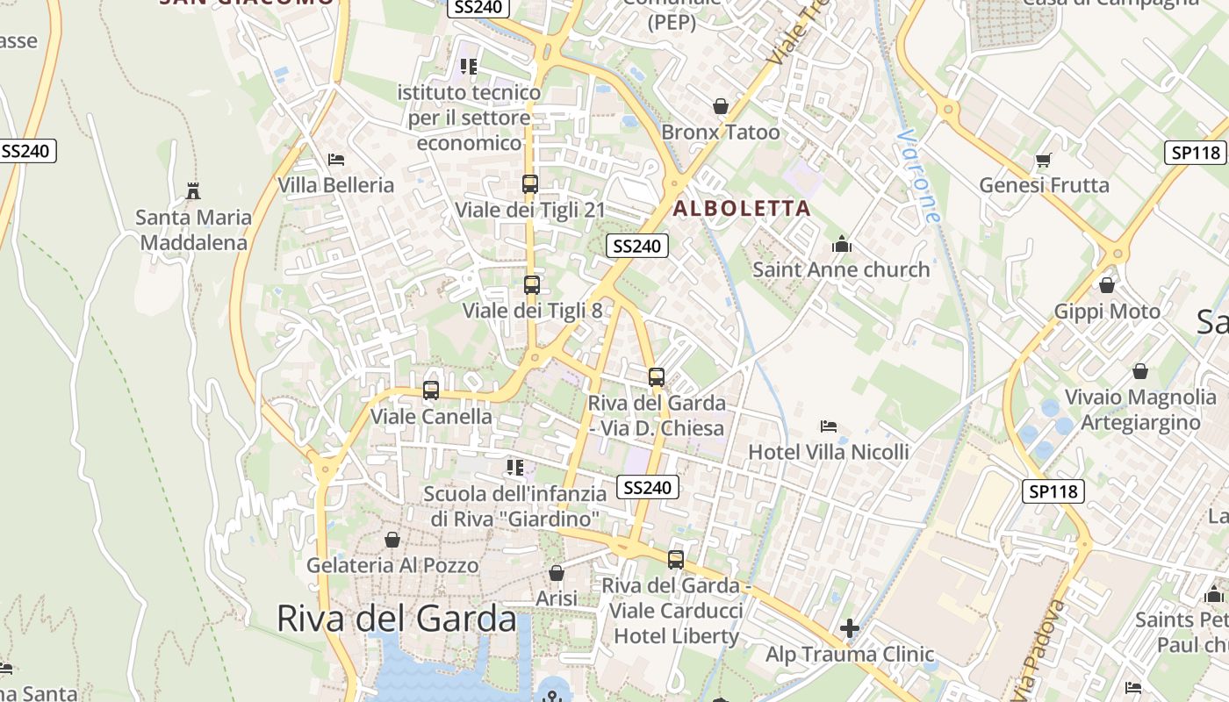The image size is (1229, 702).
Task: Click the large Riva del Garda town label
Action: point(396,619)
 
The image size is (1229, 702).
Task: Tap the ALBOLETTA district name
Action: point(742,209)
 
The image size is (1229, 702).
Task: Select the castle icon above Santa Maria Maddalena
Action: point(193,190)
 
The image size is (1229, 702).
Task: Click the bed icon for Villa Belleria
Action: point(335,160)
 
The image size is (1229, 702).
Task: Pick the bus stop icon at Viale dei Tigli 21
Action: point(530,184)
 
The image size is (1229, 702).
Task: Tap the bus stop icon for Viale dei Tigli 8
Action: point(531,284)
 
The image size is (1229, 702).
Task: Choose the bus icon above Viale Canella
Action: point(431,390)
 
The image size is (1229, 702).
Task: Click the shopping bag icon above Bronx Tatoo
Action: point(721,106)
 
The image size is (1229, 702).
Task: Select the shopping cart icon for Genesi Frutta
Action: point(1044,160)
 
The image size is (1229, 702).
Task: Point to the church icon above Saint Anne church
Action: point(842,244)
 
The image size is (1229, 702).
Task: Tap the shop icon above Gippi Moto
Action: point(1107,285)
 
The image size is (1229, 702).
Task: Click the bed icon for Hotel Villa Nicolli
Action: point(828,426)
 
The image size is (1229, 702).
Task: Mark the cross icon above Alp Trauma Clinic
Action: point(849,628)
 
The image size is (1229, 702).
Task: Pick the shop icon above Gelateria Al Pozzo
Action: point(392,539)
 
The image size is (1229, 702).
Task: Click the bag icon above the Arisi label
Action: point(557,573)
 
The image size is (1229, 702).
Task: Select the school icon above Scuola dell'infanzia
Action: point(515,468)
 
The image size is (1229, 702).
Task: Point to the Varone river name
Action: point(919,176)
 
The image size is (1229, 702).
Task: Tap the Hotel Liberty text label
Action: point(676,635)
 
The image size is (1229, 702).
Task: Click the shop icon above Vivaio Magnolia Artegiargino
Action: point(1139,371)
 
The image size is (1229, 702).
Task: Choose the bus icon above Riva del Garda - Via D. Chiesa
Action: point(657,377)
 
